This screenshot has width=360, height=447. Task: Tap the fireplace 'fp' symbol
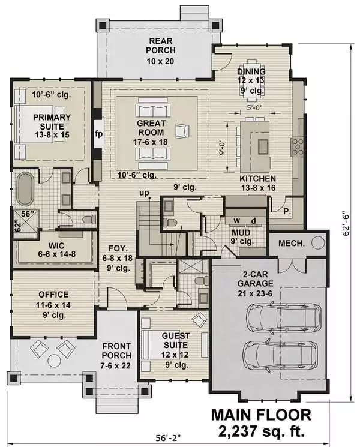coord(99,133)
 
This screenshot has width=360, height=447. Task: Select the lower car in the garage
coord(277,355)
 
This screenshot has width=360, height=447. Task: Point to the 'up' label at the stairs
coord(143,194)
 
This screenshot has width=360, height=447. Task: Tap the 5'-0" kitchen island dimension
coord(254,109)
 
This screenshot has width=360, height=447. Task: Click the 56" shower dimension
coord(28,214)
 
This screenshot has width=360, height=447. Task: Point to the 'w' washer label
coord(236,220)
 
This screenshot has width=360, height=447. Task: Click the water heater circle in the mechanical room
coord(318,242)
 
